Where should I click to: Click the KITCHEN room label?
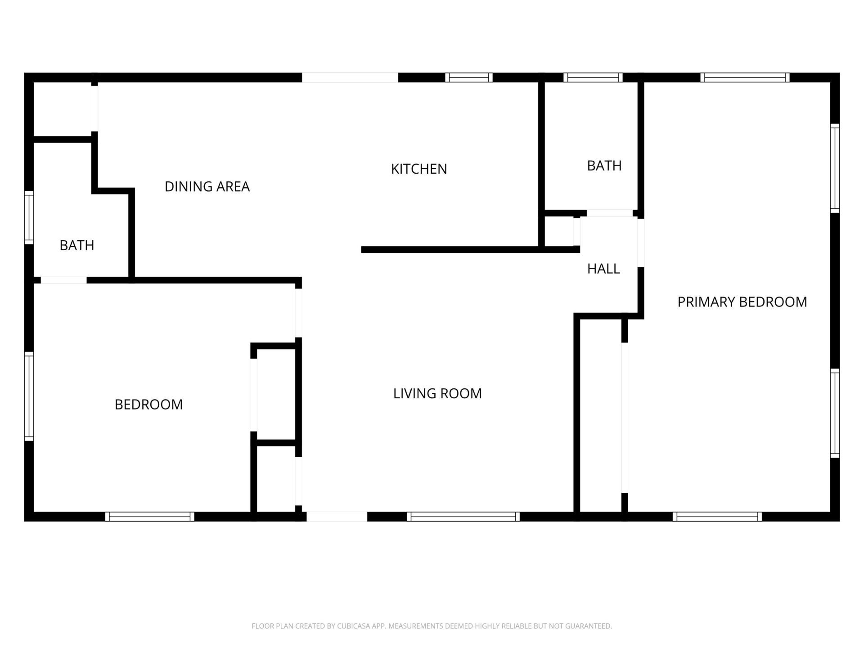[419, 169]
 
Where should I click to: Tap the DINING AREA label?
[207, 186]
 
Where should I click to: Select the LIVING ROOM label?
[437, 393]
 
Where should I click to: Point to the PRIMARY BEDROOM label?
[742, 301]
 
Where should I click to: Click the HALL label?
[603, 269]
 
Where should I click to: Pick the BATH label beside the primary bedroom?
[604, 166]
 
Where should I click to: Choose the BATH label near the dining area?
[77, 245]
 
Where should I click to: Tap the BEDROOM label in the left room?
[148, 405]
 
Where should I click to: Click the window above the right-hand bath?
[593, 77]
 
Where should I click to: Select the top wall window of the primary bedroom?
[745, 77]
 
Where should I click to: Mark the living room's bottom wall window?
[463, 517]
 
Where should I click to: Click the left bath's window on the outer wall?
[29, 217]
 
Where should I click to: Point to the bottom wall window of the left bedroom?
[150, 517]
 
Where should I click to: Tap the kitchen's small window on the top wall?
[469, 77]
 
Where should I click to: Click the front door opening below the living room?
[337, 517]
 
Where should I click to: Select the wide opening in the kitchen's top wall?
[350, 77]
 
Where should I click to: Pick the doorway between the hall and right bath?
[609, 213]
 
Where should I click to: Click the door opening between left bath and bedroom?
[63, 280]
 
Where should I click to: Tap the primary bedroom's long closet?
[601, 414]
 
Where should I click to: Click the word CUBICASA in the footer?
[354, 626]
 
